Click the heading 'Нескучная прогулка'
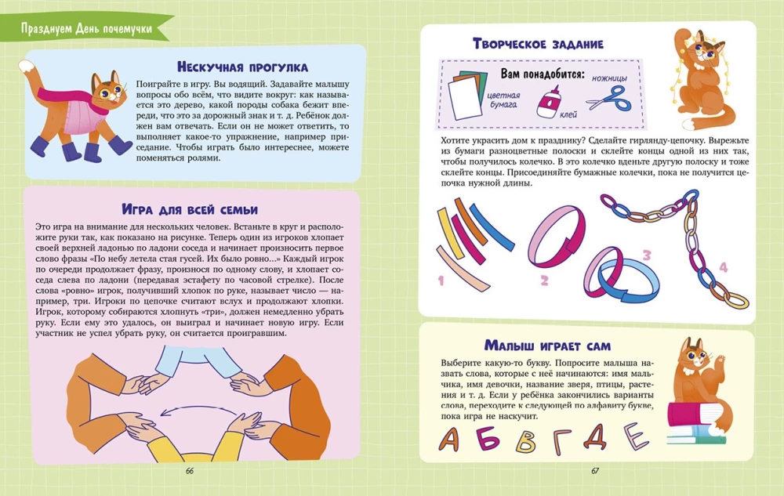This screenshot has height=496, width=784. pos(242,67)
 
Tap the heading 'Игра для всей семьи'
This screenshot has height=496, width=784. pos(190,208)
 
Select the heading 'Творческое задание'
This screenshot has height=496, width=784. pos(538,44)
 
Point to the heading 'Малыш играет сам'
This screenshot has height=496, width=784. pos(547,345)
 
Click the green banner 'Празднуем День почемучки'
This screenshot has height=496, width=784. pos(86,28)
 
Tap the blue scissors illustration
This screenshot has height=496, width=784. pos(610,99)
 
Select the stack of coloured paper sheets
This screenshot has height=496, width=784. pos(467,95)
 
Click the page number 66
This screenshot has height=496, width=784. pos(190,470)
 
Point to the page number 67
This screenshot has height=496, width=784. pos(595,470)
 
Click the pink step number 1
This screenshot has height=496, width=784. pos(441,281)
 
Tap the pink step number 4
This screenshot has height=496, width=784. pos(723,267)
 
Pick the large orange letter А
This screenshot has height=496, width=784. pos(449,439)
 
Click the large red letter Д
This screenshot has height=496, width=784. pos(595,436)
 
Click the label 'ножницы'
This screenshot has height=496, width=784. pos(609,78)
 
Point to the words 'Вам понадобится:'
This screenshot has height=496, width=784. pos(543,74)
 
